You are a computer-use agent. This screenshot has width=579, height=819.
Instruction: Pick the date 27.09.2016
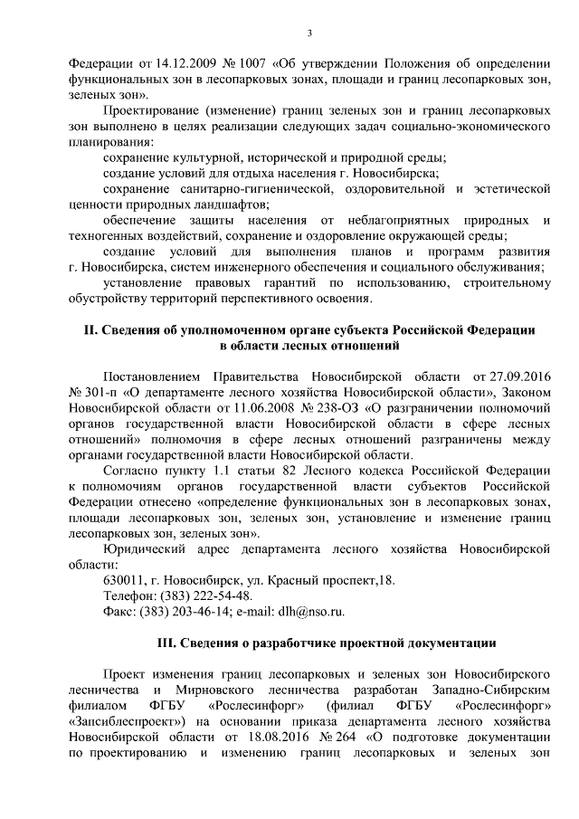click(x=519, y=376)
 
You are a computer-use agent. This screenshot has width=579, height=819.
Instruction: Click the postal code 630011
click(x=125, y=579)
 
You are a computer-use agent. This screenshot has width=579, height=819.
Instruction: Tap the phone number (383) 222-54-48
click(x=206, y=595)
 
